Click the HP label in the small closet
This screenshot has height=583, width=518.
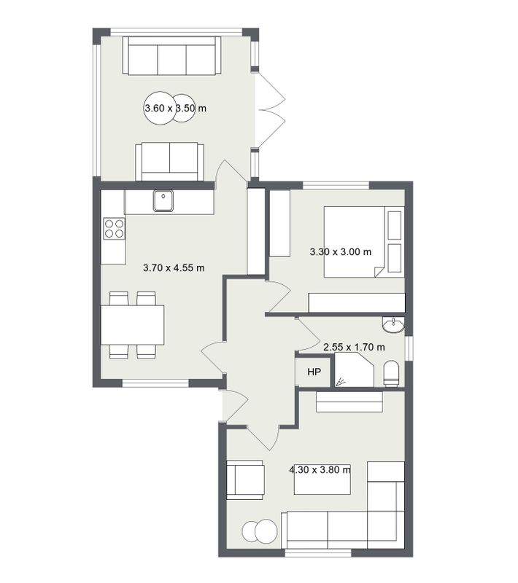[314, 372]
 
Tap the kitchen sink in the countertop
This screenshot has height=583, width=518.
[163, 201]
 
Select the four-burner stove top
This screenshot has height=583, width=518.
[115, 229]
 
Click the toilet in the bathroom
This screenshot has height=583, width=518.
[391, 373]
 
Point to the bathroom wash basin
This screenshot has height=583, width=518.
[393, 324]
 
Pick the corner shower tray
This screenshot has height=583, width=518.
[354, 370]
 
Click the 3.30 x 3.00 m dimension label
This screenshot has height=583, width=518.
[341, 251]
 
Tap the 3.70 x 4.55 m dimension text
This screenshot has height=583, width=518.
[174, 267]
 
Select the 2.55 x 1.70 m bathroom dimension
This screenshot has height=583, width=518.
[354, 348]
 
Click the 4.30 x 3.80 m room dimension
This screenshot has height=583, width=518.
[320, 469]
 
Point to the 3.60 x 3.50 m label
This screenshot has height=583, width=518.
[175, 108]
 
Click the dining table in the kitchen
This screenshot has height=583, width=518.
[133, 325]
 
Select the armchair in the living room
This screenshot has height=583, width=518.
[245, 480]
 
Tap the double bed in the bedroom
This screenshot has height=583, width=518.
[364, 242]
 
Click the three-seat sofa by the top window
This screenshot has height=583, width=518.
[172, 56]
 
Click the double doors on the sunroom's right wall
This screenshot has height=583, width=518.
[270, 110]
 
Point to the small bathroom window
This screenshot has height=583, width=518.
[409, 348]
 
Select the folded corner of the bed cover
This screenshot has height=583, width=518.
[378, 272]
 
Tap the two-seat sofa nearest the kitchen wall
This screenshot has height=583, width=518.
[170, 162]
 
